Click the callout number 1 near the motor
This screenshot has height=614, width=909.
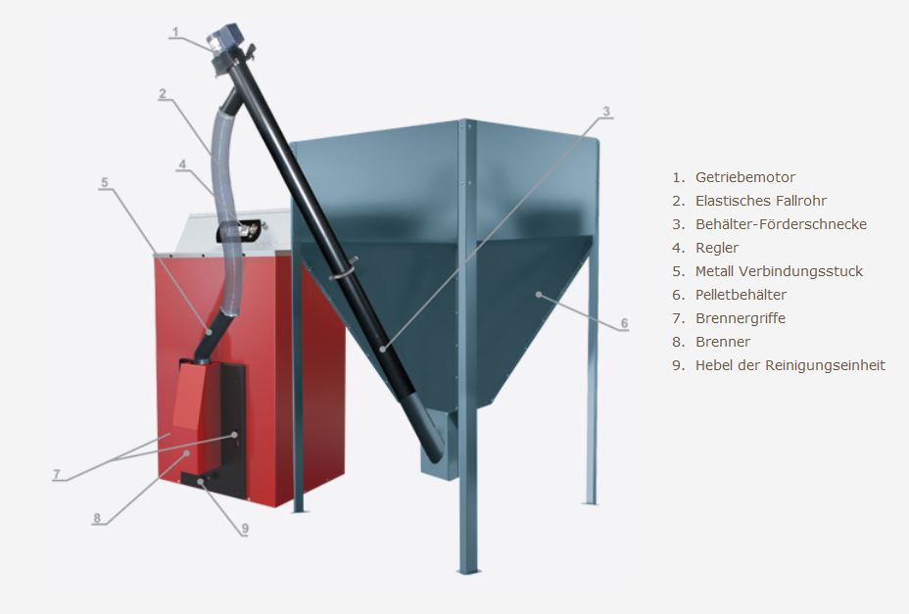(x=175, y=32)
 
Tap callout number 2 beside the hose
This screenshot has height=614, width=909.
(x=163, y=93)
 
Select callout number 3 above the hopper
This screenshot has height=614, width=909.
(x=606, y=112)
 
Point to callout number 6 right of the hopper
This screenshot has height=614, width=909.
(x=624, y=323)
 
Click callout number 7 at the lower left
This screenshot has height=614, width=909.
(x=56, y=474)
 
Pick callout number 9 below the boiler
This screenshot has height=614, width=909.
(x=245, y=528)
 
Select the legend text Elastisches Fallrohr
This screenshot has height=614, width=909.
(x=760, y=201)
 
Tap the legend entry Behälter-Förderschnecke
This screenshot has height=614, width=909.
(x=781, y=224)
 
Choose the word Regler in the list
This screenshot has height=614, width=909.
(x=717, y=248)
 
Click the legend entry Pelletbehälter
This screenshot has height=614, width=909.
(x=741, y=295)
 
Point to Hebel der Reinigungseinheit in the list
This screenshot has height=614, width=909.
(x=790, y=365)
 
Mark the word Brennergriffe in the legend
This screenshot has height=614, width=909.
(x=741, y=318)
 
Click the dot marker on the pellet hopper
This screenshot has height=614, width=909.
(x=539, y=295)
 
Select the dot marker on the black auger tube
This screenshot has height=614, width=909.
(x=383, y=349)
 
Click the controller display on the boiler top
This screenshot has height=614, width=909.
(x=238, y=231)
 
